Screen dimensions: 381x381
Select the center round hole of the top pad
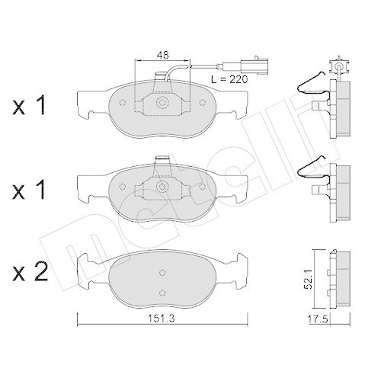point(162,103)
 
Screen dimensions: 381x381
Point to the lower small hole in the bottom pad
point(162,293)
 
